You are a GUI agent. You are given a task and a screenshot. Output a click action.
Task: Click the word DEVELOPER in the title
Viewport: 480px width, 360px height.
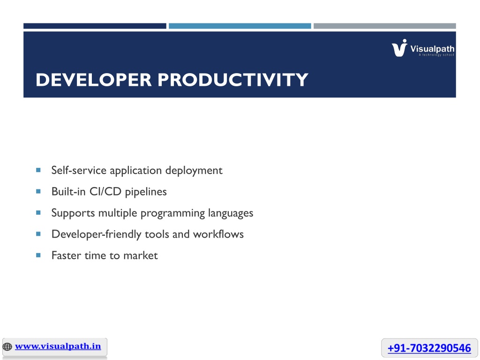coord(94,80)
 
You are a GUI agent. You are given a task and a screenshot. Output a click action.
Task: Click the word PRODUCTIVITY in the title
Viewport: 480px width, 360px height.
coord(233,80)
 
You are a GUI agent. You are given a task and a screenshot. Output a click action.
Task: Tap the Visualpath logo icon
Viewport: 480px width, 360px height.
coord(399,48)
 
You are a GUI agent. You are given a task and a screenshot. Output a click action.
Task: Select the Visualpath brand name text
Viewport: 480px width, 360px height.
coord(432,49)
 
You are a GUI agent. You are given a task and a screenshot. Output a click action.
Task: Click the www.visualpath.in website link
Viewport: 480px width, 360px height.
coord(58,346)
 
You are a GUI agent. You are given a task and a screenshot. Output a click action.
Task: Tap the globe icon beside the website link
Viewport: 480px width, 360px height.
coord(7,347)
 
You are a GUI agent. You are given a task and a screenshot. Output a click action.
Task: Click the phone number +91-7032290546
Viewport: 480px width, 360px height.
coord(429,348)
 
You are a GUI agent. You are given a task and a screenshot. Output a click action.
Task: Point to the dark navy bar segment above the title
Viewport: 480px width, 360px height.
coord(95,26)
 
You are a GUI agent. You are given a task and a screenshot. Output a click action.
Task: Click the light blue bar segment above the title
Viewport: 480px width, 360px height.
coord(240,26)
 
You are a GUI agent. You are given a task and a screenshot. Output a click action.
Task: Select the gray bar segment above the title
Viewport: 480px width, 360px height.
coord(385,26)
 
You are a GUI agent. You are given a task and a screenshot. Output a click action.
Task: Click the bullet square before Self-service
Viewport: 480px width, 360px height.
coord(38,170)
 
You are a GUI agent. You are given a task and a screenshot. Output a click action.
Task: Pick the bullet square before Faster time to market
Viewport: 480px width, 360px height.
coord(38,255)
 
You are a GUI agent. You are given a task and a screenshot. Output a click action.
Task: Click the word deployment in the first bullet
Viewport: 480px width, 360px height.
coord(194,171)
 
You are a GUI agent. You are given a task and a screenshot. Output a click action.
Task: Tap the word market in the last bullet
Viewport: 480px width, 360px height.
coord(141,255)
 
